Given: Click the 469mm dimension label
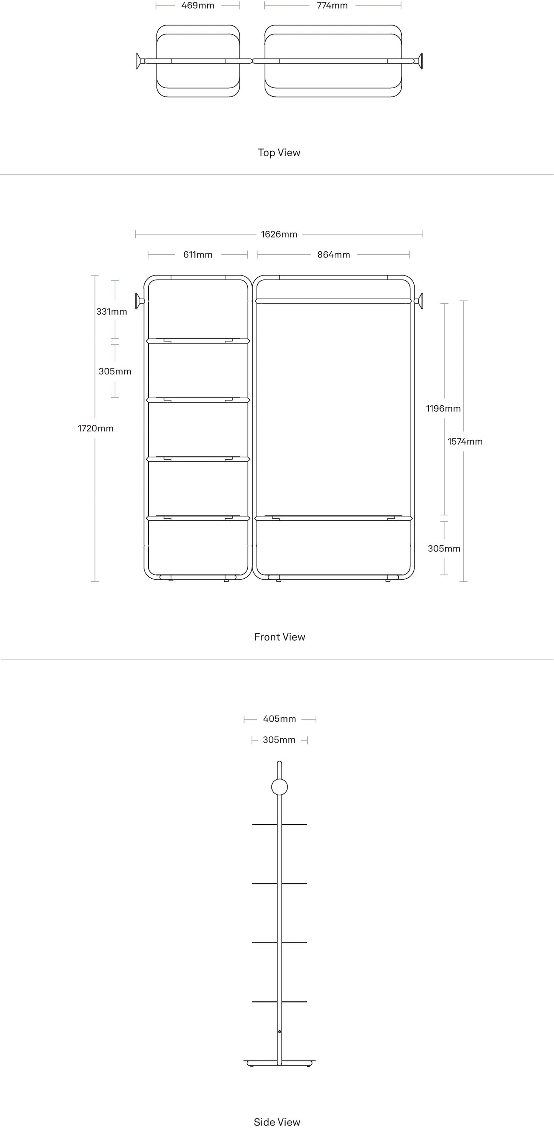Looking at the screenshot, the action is pyautogui.click(x=198, y=6).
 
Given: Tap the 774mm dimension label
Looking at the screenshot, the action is pyautogui.click(x=332, y=6).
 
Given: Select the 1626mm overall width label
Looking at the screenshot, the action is pyautogui.click(x=279, y=234).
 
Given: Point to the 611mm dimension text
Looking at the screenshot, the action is pyautogui.click(x=198, y=255).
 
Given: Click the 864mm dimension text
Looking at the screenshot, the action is pyautogui.click(x=334, y=255).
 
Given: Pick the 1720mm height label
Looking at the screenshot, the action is pyautogui.click(x=95, y=429).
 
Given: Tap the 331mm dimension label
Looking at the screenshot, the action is pyautogui.click(x=112, y=312).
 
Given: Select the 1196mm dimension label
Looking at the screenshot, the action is pyautogui.click(x=443, y=409).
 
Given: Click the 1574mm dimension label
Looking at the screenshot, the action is pyautogui.click(x=465, y=441).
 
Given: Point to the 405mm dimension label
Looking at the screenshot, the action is pyautogui.click(x=279, y=719).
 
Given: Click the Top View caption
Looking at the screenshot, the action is pyautogui.click(x=279, y=152).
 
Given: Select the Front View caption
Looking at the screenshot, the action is pyautogui.click(x=279, y=637).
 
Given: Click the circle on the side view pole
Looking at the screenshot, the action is pyautogui.click(x=279, y=787).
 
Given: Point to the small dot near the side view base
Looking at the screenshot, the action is pyautogui.click(x=279, y=1032).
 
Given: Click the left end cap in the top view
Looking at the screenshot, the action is pyautogui.click(x=138, y=61).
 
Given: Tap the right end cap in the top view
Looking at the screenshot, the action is pyautogui.click(x=420, y=61).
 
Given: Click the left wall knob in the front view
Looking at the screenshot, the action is pyautogui.click(x=139, y=301).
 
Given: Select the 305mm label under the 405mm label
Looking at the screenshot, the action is pyautogui.click(x=279, y=740).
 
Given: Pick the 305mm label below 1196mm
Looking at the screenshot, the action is pyautogui.click(x=444, y=548).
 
